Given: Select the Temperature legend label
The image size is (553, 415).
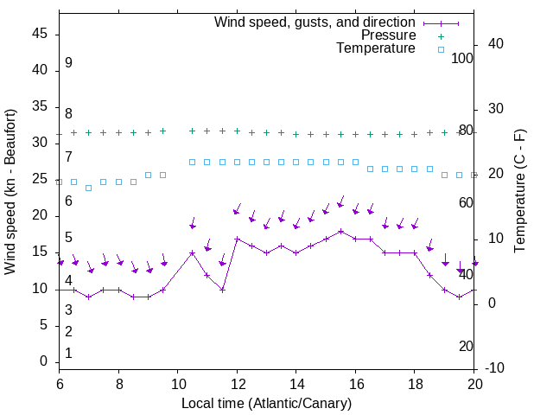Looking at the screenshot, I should click(376, 48).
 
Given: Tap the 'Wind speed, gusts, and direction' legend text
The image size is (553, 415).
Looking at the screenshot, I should click(315, 22).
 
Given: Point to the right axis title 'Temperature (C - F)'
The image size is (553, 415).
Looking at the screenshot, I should click(519, 192).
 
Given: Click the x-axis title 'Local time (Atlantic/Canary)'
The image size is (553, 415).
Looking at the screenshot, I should click(267, 403).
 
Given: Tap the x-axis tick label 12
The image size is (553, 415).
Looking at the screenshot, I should click(237, 383).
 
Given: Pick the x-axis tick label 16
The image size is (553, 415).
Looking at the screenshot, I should click(355, 383).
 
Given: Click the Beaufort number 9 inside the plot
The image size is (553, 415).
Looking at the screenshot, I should click(68, 63).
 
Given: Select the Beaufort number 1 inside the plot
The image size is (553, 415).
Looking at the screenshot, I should click(68, 353).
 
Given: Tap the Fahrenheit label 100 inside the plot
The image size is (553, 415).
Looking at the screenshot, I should click(463, 58).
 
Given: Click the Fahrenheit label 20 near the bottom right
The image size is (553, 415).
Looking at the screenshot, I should click(466, 346).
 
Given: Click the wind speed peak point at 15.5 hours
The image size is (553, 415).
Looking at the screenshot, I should click(340, 231).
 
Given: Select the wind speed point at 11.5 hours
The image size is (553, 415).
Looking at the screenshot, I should click(222, 290).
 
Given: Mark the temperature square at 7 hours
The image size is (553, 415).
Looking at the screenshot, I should click(89, 188).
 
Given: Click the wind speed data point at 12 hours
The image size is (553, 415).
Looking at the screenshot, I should click(237, 239).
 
